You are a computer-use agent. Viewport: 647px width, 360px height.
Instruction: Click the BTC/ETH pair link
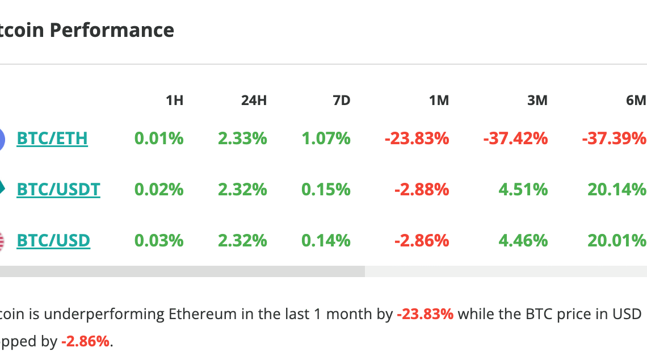click(x=52, y=138)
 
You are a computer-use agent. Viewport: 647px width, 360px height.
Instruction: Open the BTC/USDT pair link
click(x=58, y=189)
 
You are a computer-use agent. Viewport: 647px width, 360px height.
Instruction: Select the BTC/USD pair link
click(x=53, y=241)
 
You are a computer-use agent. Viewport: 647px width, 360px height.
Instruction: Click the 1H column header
click(x=174, y=101)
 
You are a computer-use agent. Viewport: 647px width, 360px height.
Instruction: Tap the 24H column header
click(x=254, y=101)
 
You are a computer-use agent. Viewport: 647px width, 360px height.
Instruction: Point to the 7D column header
click(x=341, y=101)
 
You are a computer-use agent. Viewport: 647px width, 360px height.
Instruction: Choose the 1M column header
click(x=439, y=101)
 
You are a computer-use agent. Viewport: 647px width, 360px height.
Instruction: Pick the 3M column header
click(x=537, y=101)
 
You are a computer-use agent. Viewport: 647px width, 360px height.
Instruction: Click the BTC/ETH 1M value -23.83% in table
click(x=417, y=138)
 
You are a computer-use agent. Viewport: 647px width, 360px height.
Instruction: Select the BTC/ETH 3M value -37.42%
click(x=515, y=138)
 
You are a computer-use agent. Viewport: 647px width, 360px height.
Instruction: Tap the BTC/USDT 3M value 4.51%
click(x=523, y=189)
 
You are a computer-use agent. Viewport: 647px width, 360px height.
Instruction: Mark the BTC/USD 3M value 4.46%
click(x=523, y=241)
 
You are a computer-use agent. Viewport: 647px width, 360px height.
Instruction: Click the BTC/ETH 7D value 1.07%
click(x=326, y=138)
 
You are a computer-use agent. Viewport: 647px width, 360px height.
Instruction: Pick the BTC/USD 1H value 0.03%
click(x=159, y=241)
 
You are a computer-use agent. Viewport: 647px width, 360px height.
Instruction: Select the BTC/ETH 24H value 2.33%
click(x=242, y=138)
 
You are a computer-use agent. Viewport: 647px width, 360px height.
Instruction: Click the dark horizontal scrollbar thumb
click(x=182, y=271)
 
